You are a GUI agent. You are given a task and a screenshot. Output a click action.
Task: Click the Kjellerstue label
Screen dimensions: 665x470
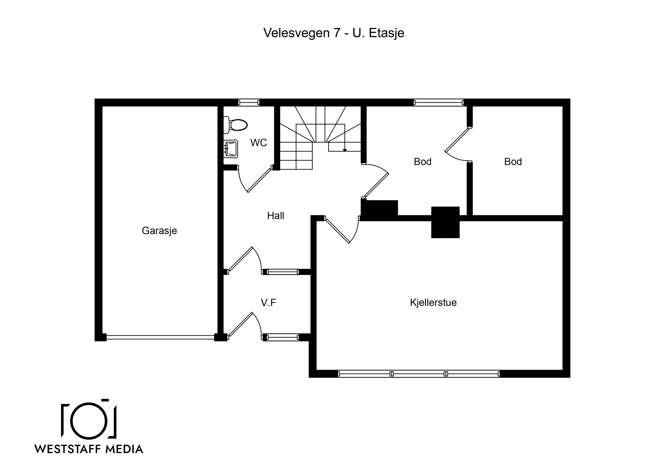click(433, 303)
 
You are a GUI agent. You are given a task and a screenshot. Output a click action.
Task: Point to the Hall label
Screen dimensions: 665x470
click(275, 216)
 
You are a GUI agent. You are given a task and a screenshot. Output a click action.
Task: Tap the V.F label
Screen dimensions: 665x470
click(268, 303)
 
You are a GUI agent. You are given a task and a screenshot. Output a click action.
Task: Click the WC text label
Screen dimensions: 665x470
click(259, 143)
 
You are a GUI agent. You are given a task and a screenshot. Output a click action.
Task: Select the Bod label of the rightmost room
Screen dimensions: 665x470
click(513, 162)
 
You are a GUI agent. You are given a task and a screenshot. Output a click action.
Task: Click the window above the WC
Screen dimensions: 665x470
click(249, 102)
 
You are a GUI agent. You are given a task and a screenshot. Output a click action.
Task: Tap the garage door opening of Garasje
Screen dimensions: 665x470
click(160, 337)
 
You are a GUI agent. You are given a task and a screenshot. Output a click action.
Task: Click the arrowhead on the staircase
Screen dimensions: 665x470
click(345, 150)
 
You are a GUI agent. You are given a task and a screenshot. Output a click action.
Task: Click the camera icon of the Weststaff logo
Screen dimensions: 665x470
click(89, 418)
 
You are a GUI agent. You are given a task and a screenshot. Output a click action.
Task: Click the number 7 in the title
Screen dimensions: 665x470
click(336, 33)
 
